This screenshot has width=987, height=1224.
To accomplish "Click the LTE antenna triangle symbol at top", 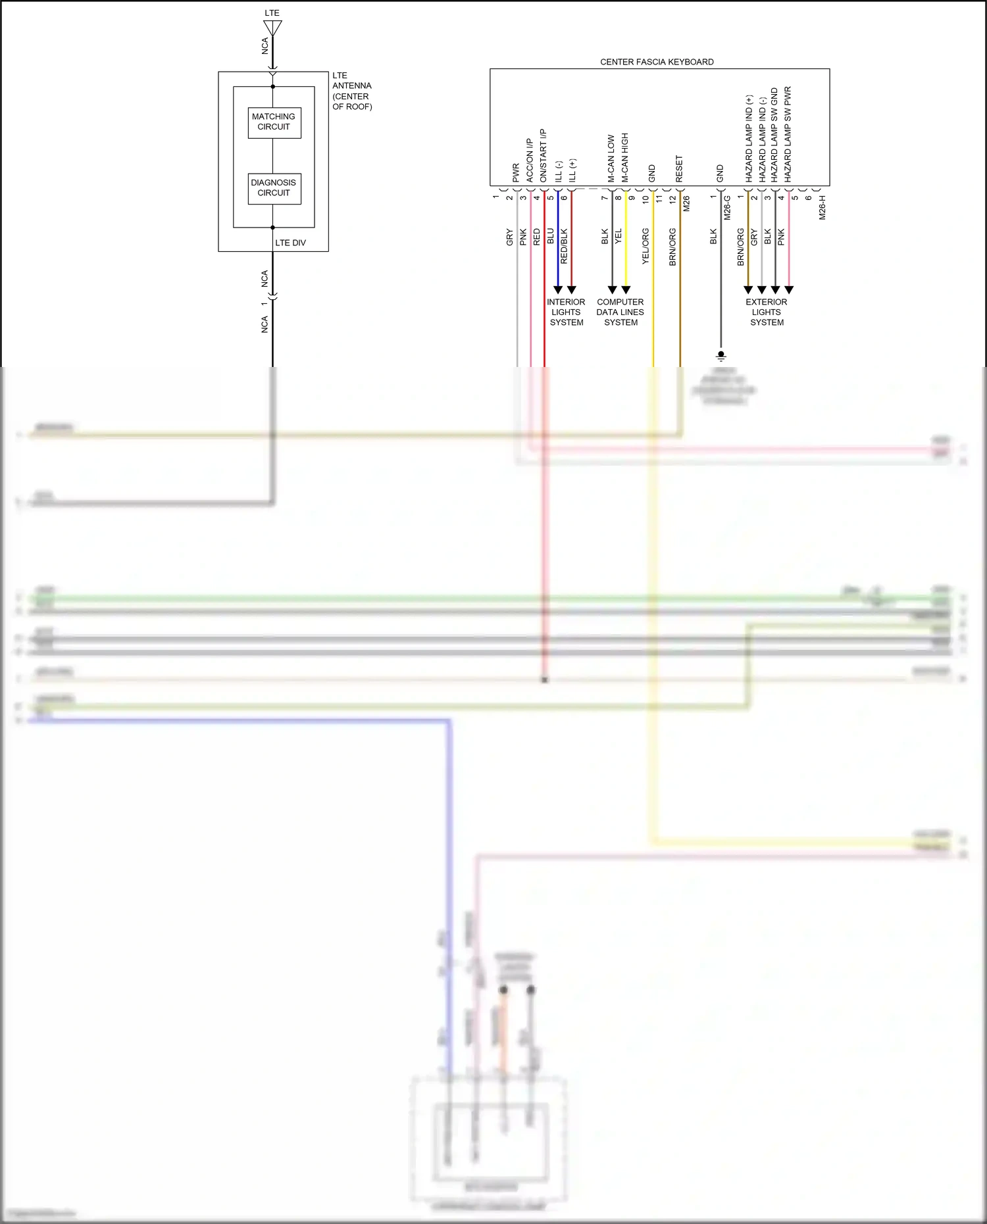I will (272, 28).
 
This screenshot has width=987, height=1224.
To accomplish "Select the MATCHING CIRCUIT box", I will (274, 122).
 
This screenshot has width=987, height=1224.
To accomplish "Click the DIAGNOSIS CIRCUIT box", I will (274, 188).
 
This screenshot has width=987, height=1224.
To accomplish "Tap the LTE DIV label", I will (290, 243).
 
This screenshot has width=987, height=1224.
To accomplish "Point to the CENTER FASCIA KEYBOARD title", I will (657, 62).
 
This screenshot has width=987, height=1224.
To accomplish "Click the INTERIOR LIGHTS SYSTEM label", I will (566, 312).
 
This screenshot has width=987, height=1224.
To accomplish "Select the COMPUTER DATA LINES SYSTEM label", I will (620, 312).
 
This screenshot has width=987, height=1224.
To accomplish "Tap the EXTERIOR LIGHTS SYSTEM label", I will (767, 312).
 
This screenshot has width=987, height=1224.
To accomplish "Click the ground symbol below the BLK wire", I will (721, 356).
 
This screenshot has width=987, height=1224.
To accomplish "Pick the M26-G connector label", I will (727, 207).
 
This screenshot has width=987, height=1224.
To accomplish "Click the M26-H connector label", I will (822, 207).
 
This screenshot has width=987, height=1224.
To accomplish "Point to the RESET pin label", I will (679, 169).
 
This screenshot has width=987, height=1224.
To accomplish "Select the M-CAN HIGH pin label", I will (625, 158).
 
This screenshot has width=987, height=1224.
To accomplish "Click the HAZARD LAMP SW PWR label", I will (788, 134).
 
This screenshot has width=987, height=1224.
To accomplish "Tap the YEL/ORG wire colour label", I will (645, 247).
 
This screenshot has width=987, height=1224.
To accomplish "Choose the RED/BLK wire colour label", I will (564, 247).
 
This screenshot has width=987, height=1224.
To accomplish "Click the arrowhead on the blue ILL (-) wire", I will (558, 289).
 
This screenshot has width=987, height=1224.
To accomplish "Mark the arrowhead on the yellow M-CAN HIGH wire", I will (626, 289).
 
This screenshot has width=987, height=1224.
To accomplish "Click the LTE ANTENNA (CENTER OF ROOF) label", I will (352, 91).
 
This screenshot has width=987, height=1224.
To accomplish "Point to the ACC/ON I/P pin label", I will (530, 160).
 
